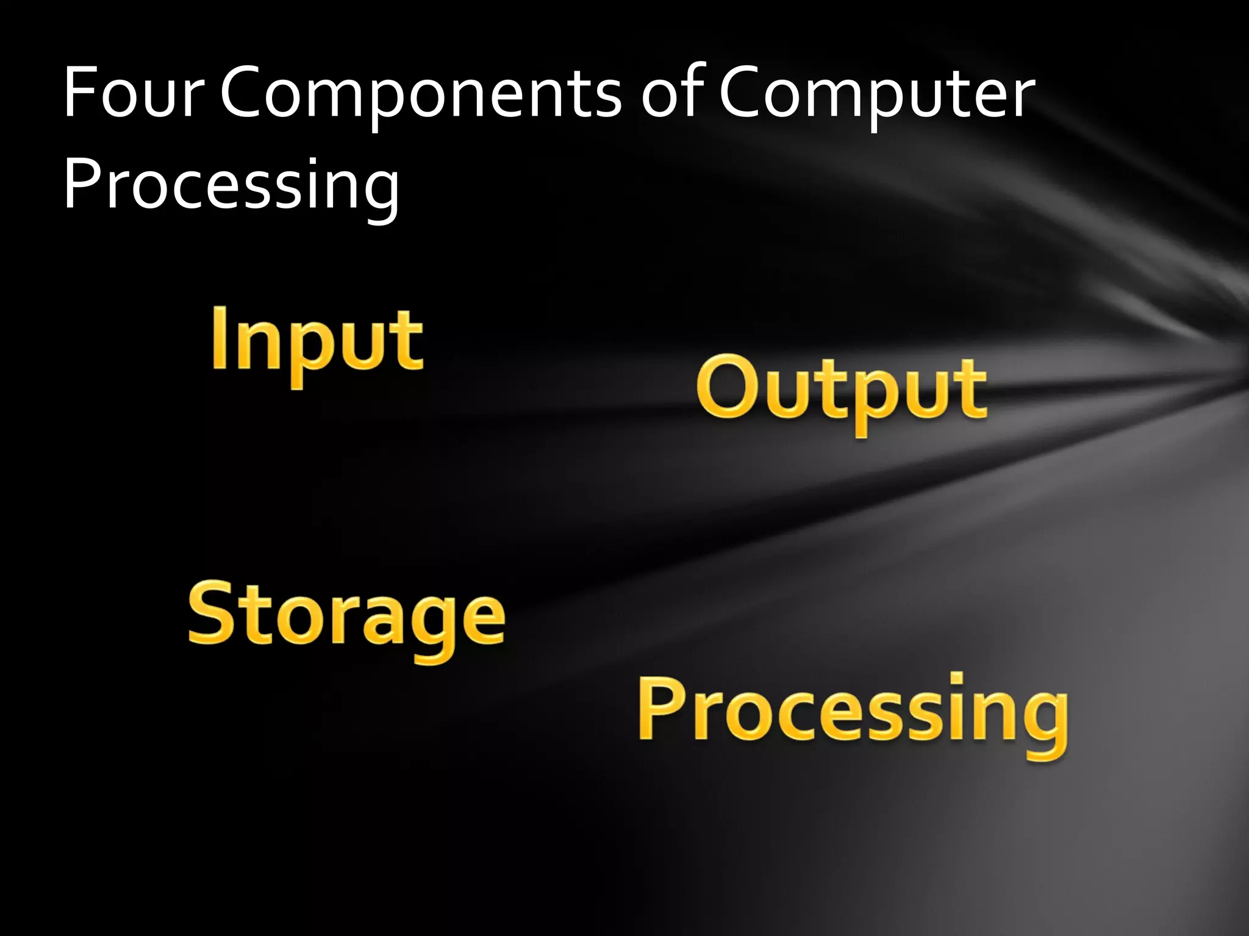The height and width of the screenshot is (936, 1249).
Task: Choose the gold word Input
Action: point(317,341)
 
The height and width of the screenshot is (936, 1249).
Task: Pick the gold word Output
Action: point(842,390)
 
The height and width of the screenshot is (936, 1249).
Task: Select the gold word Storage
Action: point(346,615)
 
